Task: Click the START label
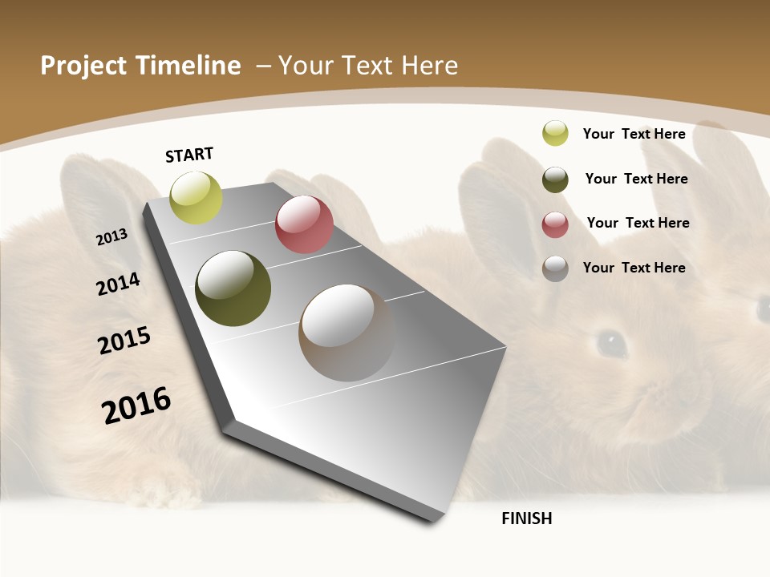189,155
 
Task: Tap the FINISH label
527,518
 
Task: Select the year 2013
111,237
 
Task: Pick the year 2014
118,284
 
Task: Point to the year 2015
124,341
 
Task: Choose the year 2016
136,405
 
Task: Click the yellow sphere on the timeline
196,197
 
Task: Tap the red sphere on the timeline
304,224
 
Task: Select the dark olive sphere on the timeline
233,288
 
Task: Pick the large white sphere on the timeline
346,333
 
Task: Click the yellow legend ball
555,133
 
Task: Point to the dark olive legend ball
555,180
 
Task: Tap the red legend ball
555,224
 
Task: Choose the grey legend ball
555,268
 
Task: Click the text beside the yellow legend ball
634,134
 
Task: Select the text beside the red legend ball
638,223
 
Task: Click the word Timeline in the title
188,66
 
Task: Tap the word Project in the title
84,66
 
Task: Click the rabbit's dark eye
611,343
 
